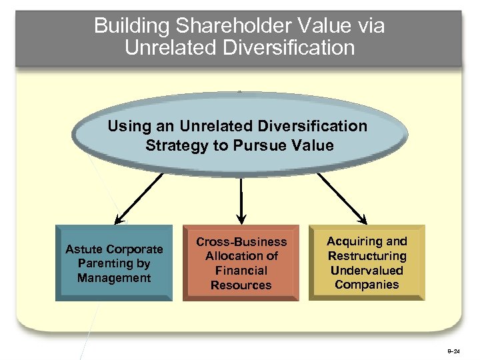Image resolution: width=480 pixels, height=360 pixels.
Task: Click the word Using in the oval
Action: click(127, 126)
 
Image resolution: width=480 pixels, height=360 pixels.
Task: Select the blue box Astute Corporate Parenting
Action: click(113, 263)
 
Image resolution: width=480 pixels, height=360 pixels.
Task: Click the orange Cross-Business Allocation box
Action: click(241, 263)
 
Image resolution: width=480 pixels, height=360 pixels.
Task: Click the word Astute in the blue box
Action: click(85, 249)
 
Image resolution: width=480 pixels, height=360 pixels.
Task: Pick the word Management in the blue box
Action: click(113, 278)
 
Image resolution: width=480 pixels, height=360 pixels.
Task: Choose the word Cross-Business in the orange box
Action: click(241, 242)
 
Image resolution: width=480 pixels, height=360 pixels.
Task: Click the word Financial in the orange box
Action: click(241, 271)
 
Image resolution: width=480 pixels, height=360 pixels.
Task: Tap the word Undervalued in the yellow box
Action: click(367, 270)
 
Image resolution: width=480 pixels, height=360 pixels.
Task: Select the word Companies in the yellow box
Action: click(367, 285)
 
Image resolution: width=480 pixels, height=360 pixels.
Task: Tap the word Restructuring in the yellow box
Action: click(367, 256)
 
